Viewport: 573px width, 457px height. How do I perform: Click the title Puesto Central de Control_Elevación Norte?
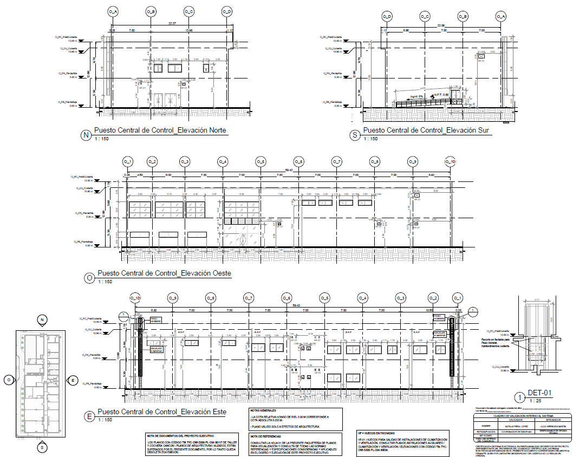160,130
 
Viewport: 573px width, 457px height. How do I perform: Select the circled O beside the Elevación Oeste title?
89,277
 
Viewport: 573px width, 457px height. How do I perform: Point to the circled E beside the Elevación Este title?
89,416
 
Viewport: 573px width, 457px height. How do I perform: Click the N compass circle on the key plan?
42,321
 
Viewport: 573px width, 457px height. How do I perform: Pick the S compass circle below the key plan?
42,447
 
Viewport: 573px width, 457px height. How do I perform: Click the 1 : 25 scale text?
536,401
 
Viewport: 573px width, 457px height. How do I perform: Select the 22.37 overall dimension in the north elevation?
172,23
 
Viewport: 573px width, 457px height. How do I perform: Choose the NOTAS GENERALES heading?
263,411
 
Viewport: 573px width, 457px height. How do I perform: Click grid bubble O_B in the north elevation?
151,11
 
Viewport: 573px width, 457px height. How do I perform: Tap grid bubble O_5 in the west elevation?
261,161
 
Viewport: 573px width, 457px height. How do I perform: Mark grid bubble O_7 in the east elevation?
248,298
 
